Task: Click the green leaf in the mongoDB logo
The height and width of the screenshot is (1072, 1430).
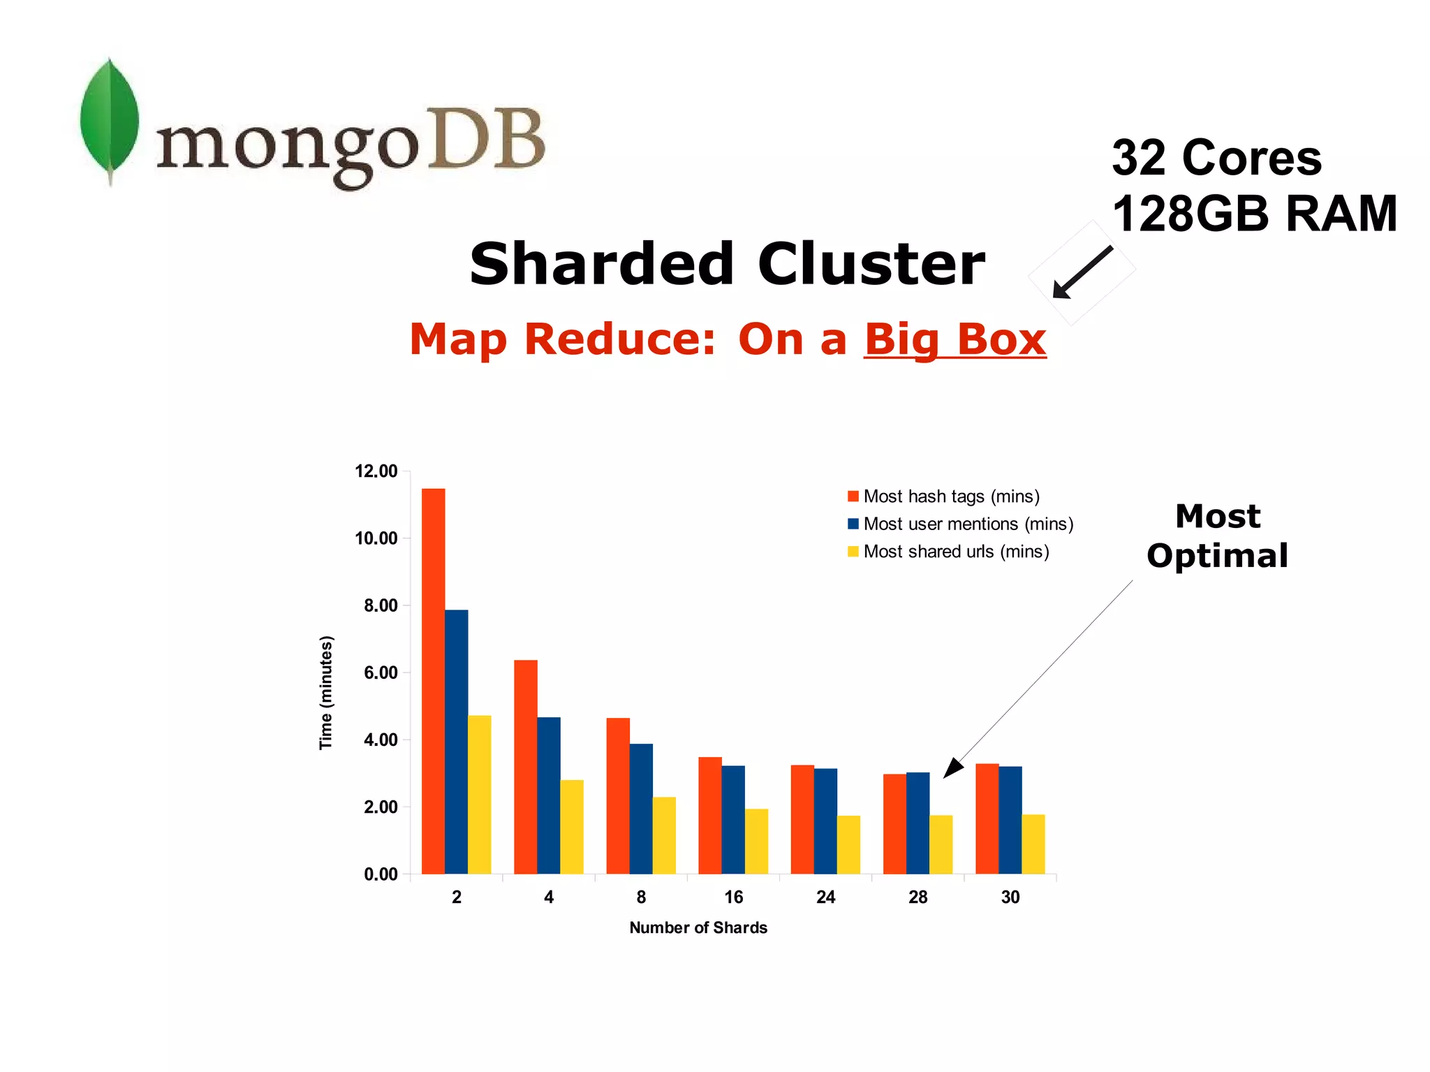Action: pos(109,119)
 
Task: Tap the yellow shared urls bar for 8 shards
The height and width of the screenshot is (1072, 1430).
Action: pos(664,835)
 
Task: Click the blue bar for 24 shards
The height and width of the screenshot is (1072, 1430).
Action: pos(825,821)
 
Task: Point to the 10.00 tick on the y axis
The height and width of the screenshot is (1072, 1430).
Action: pos(376,538)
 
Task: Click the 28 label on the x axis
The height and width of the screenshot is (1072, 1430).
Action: pos(917,897)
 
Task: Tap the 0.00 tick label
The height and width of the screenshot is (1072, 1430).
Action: pos(381,874)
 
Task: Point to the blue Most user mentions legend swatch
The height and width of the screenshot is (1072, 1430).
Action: pos(853,524)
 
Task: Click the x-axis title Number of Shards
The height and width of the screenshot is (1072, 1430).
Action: pos(698,927)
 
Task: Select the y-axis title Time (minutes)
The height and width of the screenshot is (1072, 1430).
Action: pos(326,692)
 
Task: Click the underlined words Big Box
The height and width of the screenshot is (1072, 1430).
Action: pos(954,339)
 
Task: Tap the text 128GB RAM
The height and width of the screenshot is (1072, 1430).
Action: pos(1254,214)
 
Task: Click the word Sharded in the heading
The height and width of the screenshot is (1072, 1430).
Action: pos(601,265)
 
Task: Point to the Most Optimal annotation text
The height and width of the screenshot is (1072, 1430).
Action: pos(1217,536)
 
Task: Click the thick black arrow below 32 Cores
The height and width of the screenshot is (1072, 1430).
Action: pos(1082,272)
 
